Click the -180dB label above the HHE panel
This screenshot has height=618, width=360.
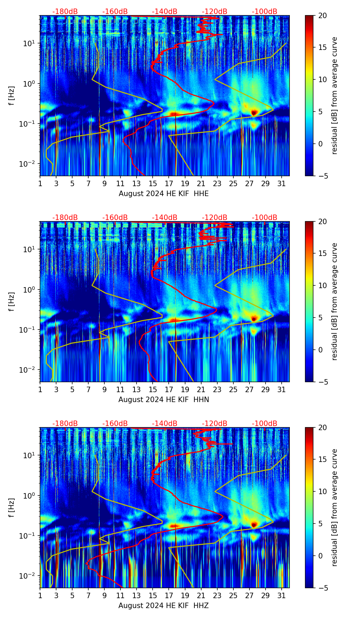tap(65, 12)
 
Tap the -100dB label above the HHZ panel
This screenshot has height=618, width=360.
tap(265, 424)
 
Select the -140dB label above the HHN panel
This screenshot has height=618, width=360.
tap(165, 218)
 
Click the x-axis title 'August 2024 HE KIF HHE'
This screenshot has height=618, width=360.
tap(164, 194)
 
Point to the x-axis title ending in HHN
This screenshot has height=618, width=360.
tap(164, 400)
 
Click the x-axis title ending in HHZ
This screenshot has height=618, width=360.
tap(164, 606)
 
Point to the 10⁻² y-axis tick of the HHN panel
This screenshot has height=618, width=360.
tap(30, 370)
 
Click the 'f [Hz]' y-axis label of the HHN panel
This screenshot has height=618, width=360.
tap(12, 301)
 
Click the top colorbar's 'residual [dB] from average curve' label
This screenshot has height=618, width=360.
tap(334, 95)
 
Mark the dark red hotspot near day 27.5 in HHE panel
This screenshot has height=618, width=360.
tap(254, 112)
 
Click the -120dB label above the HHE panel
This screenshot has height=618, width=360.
tap(215, 12)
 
